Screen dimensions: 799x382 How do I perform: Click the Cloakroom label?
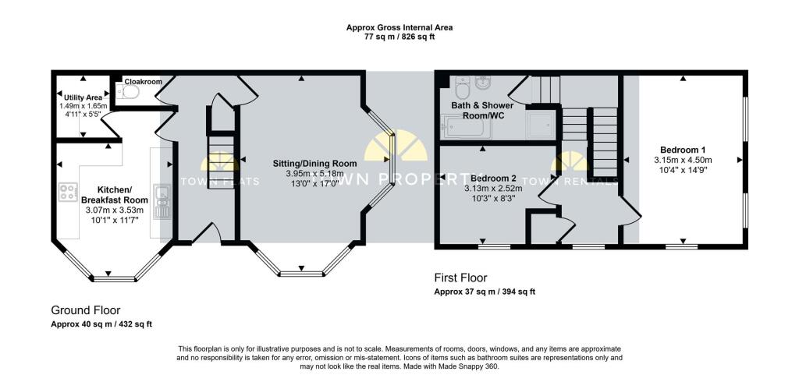coord(144,82)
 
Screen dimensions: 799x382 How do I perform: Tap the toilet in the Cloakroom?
coord(129,92)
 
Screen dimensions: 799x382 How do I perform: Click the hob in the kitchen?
coord(68,192)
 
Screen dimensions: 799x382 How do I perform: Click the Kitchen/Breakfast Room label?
coord(115,195)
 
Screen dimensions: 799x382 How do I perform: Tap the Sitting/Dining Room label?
coord(314,164)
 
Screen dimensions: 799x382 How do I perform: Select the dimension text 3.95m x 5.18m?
coord(314,174)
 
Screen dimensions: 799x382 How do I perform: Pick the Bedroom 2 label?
coord(494,179)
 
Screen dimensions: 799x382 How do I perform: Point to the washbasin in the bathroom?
coord(482,82)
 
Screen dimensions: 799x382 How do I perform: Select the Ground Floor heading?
coord(86,310)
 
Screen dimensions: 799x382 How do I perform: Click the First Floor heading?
coord(460,278)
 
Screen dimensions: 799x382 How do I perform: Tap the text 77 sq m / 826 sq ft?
coord(399,37)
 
